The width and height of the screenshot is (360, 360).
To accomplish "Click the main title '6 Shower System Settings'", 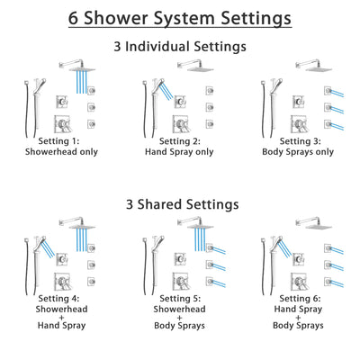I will click(180, 18).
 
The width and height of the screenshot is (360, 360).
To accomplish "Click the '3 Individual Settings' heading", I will click(180, 44).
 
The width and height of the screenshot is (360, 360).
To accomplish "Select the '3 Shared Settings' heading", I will click(180, 205).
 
